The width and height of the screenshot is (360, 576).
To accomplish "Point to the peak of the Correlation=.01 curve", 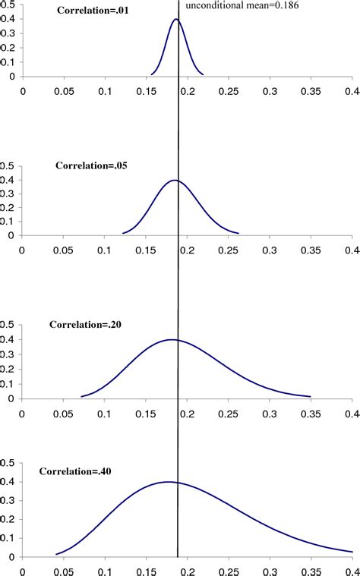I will pyautogui.click(x=176, y=19).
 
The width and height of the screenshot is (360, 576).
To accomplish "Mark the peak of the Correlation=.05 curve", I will pyautogui.click(x=175, y=180).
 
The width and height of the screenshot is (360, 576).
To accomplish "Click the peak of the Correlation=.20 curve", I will pyautogui.click(x=173, y=339).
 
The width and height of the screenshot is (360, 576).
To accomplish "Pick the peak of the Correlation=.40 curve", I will pyautogui.click(x=168, y=482).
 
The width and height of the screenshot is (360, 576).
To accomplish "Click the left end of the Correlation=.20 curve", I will pyautogui.click(x=81, y=396).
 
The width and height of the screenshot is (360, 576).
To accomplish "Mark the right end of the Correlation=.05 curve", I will pyautogui.click(x=239, y=233).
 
